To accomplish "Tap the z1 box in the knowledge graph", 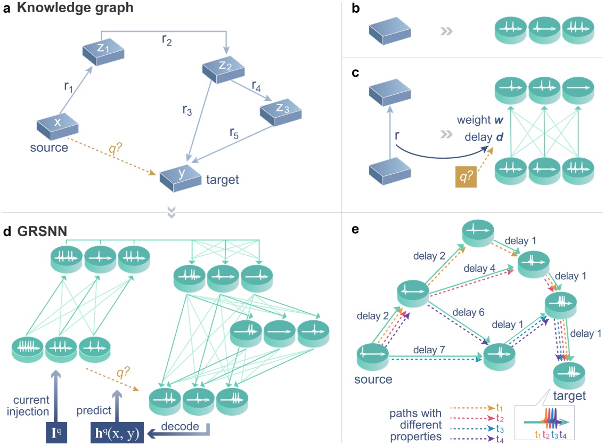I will (x=103, y=50).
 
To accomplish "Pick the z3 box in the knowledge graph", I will (x=280, y=111).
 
